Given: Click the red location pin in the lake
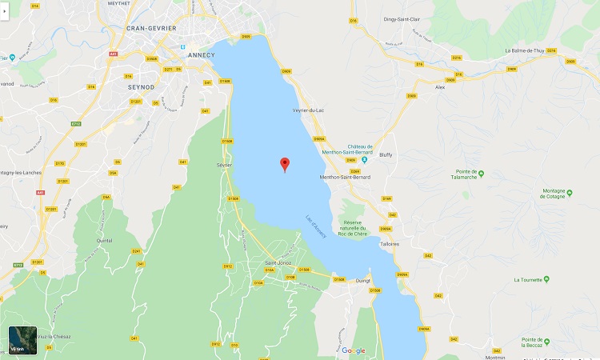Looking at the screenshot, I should coord(284,164).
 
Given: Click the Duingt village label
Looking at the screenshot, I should coord(362,281).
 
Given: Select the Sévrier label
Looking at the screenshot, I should coord(224,165).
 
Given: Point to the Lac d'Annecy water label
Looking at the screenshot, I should coord(316,226).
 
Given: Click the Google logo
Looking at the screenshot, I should coord(353,350).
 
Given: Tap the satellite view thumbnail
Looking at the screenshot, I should coord(22,340).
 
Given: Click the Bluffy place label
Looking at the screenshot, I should coord(386,155).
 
